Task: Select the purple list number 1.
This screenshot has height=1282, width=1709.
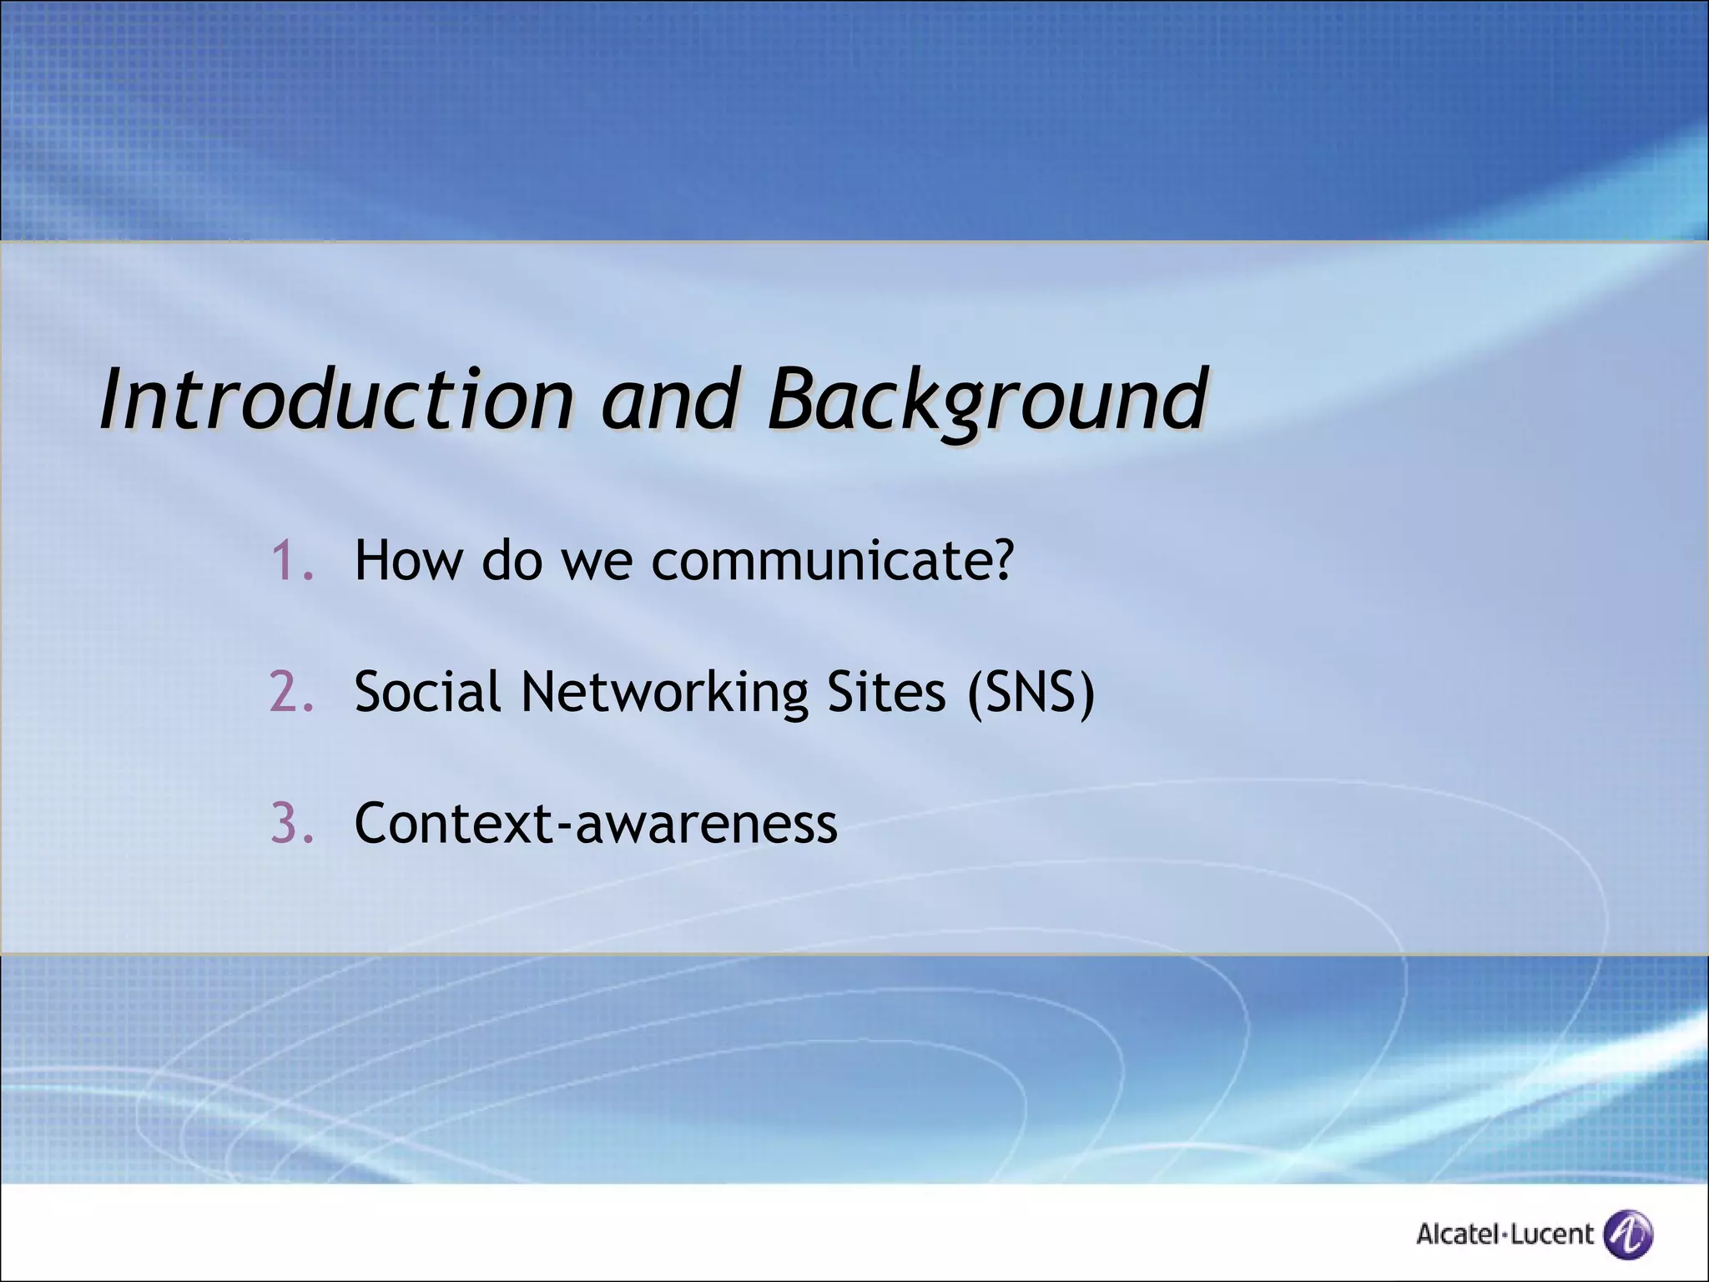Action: point(292,560)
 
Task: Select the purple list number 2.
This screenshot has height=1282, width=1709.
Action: point(292,692)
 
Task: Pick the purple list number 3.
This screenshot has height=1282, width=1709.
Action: point(292,824)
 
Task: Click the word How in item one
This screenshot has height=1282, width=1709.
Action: point(407,560)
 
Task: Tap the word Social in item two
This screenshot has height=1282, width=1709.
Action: point(427,692)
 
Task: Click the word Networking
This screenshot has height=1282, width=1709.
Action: point(664,692)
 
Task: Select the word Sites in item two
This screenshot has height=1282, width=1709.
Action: point(885,692)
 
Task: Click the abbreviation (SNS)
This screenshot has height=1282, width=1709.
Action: point(1031,692)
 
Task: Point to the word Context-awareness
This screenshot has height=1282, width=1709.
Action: point(596,824)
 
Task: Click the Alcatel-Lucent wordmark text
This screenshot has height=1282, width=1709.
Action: point(1504,1234)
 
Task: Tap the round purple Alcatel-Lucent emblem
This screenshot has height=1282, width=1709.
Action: point(1629,1233)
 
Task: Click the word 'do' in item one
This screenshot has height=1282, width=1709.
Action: point(512,560)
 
